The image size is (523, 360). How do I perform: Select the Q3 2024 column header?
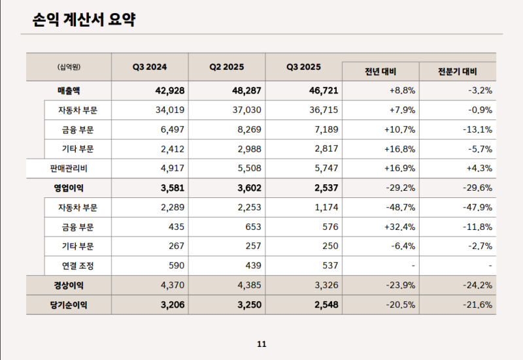click(150, 67)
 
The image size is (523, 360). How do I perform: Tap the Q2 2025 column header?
click(226, 67)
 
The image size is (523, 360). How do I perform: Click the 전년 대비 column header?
click(380, 72)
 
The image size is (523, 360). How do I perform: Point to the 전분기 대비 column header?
click(458, 72)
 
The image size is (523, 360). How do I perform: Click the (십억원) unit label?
click(69, 67)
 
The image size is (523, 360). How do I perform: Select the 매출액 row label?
click(69, 90)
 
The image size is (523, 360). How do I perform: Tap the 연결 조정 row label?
click(78, 266)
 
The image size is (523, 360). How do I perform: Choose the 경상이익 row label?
click(69, 286)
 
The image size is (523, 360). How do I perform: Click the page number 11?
click(261, 344)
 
